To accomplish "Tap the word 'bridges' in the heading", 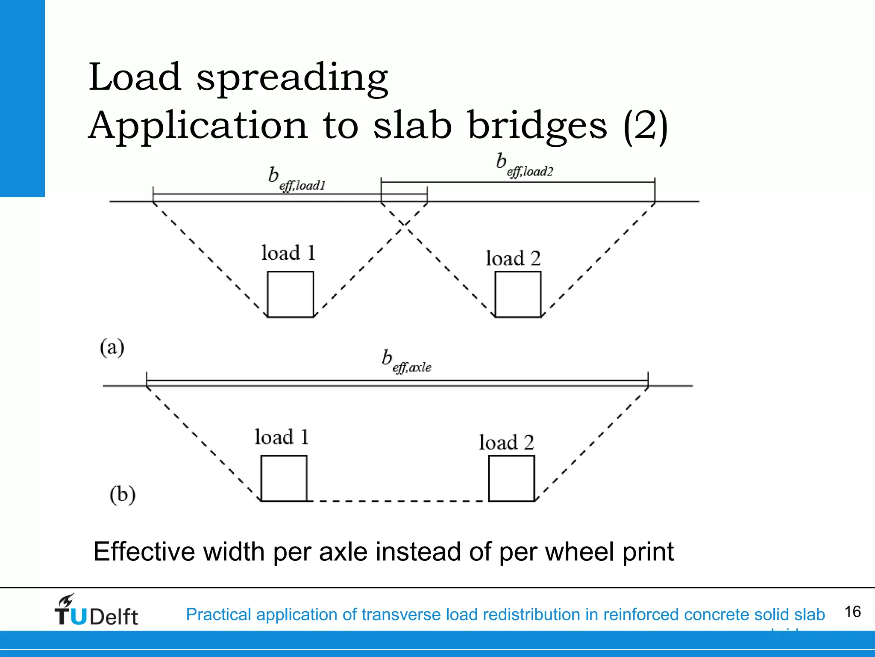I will pos(537,126).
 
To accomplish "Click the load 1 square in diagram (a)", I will pos(291,294).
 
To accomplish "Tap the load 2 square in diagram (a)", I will pos(518,294).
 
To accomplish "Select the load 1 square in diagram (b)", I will pos(284,478).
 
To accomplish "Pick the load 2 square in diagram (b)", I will pos(511,478).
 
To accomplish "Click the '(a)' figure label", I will pos(112,347).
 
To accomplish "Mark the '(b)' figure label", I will pos(123,495).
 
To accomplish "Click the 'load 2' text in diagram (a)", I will pos(513,258).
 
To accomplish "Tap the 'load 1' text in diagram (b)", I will pos(282,437).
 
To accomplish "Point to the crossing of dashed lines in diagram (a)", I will pos(404,223).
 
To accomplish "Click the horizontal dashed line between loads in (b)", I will pos(397,501).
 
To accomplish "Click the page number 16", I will pos(852,612).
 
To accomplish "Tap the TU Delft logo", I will pos(96,610).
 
